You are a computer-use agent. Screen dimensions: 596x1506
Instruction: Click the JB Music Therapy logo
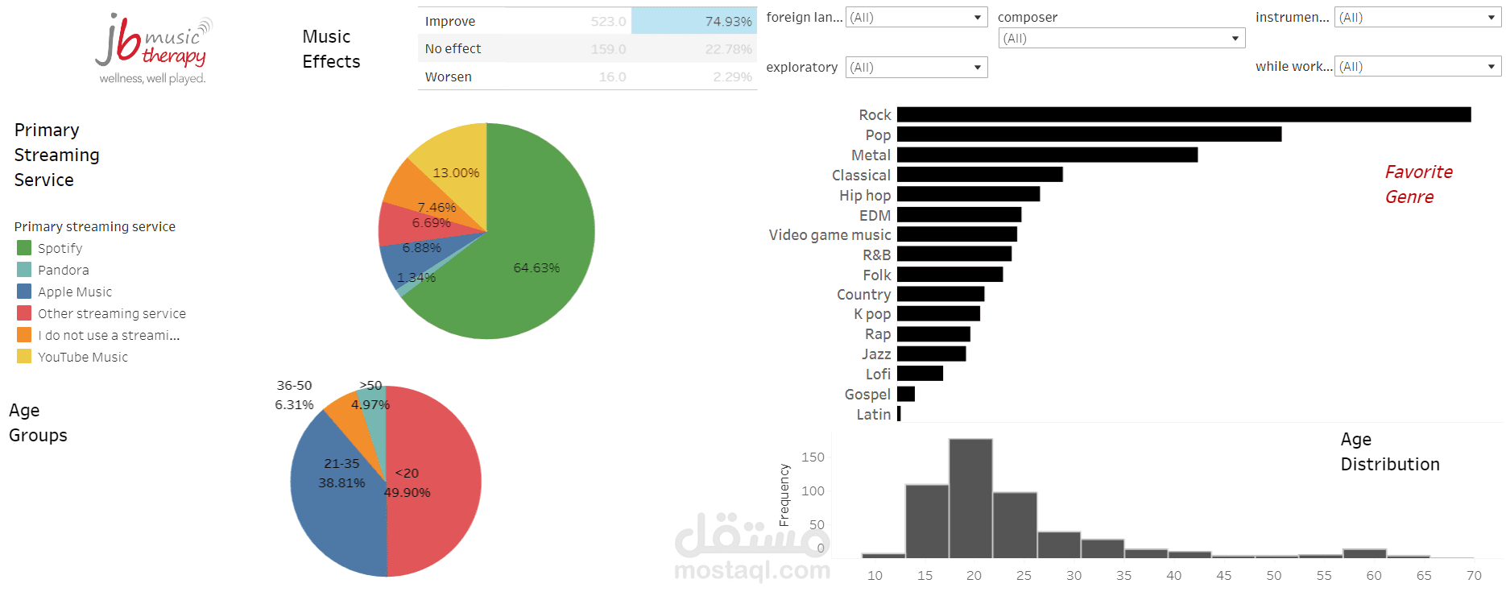[x=153, y=48]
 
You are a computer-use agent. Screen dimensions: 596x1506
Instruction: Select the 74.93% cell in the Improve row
[x=693, y=21]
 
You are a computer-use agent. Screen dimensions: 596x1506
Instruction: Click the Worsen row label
[x=449, y=77]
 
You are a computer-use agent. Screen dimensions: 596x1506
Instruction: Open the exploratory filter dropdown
[x=916, y=68]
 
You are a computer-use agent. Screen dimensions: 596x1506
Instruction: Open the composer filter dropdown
[x=1121, y=39]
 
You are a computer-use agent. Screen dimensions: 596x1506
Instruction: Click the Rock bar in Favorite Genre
[x=1184, y=115]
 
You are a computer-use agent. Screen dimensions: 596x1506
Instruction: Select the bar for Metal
[x=1047, y=155]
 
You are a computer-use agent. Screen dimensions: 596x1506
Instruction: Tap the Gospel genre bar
[x=906, y=394]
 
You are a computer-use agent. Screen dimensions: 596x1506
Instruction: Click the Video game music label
[x=830, y=235]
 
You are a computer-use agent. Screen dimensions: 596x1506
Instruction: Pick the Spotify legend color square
[x=24, y=248]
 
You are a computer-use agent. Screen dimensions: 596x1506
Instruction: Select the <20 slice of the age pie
[x=435, y=483]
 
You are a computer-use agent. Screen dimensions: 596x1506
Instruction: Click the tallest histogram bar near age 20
[x=970, y=499]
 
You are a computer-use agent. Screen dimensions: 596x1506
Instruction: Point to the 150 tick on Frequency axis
[x=813, y=457]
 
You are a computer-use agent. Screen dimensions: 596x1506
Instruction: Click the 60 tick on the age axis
[x=1374, y=575]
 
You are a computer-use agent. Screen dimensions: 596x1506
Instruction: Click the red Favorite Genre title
[x=1417, y=184]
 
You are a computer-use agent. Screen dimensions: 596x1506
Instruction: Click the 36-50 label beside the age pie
[x=294, y=386]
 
